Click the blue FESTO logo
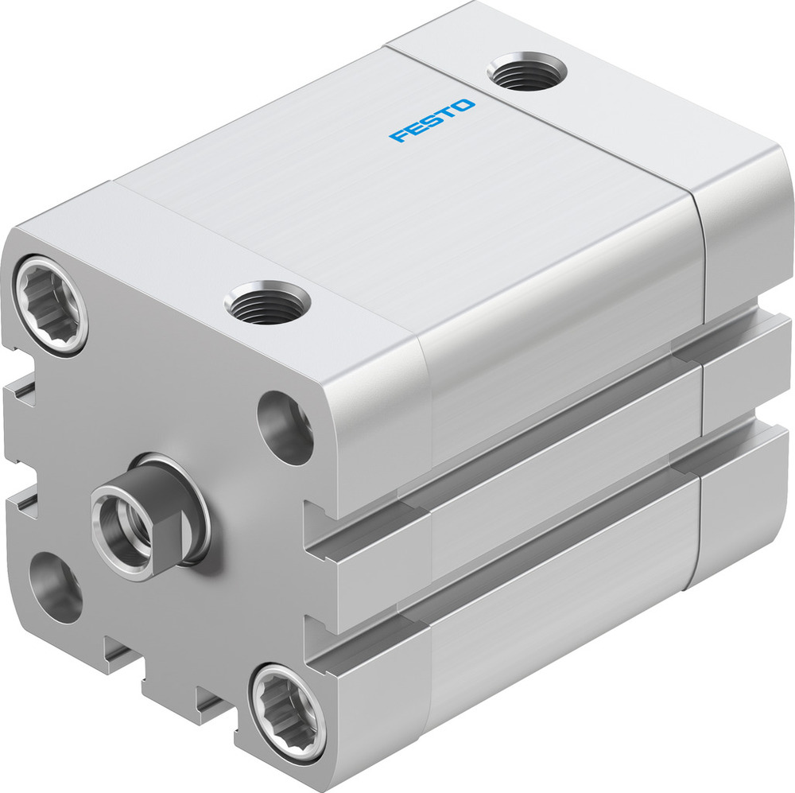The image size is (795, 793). pyautogui.click(x=432, y=121)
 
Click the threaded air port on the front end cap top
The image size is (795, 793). pyautogui.click(x=267, y=302)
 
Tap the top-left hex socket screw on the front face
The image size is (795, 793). pyautogui.click(x=51, y=302)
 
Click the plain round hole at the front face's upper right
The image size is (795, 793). pyautogui.click(x=286, y=427)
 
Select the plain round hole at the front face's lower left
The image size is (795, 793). pyautogui.click(x=56, y=587)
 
